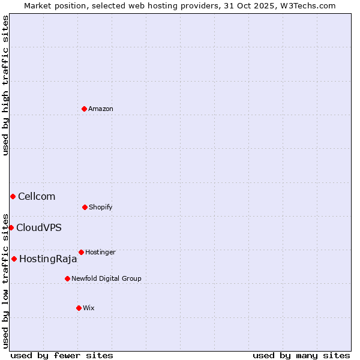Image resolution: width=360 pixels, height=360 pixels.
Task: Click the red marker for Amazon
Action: [84, 109]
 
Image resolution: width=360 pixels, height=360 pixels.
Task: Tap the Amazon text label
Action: [101, 109]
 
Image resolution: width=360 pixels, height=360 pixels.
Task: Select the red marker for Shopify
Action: [85, 207]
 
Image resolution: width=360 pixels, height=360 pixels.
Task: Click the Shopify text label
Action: [101, 207]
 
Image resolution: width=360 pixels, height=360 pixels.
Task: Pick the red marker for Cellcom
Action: [13, 196]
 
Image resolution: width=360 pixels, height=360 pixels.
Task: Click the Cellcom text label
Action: [37, 196]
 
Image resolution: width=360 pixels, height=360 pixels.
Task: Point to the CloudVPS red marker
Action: [11, 227]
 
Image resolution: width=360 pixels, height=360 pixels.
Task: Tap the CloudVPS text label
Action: [39, 227]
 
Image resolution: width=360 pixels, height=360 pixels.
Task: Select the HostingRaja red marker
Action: [14, 259]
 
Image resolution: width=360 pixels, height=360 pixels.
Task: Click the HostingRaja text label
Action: [48, 259]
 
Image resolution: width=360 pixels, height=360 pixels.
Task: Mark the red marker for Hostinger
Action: [81, 252]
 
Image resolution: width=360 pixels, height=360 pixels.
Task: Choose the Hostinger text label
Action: [100, 252]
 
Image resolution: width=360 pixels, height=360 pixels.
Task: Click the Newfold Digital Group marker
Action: [67, 278]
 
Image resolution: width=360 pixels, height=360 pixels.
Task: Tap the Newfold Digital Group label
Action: [106, 278]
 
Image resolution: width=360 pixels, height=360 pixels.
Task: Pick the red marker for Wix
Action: [79, 308]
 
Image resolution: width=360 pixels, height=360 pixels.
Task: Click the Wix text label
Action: [89, 308]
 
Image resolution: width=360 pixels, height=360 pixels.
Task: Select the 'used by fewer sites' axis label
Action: [62, 355]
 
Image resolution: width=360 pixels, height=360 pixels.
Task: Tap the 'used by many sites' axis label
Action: [301, 355]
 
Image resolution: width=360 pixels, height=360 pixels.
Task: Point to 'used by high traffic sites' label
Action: [5, 85]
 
